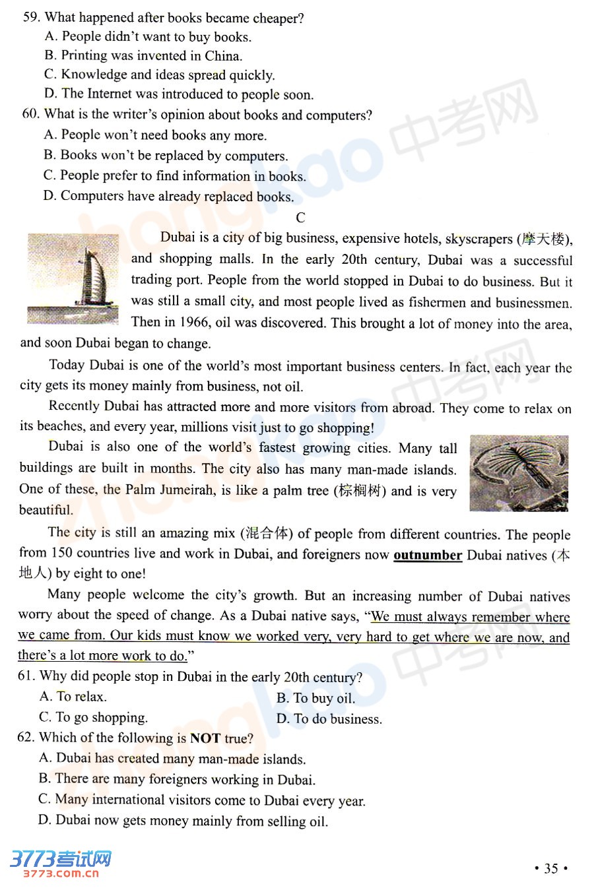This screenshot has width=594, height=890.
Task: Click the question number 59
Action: pyautogui.click(x=31, y=18)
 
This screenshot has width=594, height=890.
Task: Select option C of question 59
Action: pyautogui.click(x=159, y=75)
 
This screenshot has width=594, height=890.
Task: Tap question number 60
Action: pyautogui.click(x=30, y=114)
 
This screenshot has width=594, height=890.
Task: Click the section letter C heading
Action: pyautogui.click(x=300, y=218)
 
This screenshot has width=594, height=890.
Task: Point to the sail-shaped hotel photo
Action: pyautogui.click(x=73, y=278)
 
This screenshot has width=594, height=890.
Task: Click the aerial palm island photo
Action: pyautogui.click(x=519, y=473)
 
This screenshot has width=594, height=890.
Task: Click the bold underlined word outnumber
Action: pyautogui.click(x=427, y=555)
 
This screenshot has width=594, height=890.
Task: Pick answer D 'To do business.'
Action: pyautogui.click(x=329, y=718)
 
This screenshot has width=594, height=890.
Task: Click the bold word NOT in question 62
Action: pyautogui.click(x=205, y=738)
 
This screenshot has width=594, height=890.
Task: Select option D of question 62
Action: pyautogui.click(x=183, y=821)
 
